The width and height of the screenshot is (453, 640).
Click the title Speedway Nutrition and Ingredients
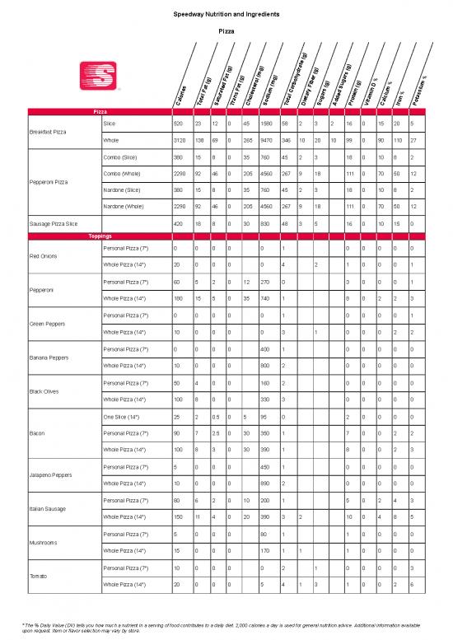pos(226,16)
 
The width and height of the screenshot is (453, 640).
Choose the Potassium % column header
pos(425,91)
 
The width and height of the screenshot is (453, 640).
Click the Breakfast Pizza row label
pos(48,131)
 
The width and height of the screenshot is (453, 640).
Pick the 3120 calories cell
pos(179,139)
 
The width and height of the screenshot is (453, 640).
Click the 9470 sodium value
pos(265,139)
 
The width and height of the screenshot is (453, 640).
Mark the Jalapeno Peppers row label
pos(51,475)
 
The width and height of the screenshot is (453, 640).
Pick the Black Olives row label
pos(44,390)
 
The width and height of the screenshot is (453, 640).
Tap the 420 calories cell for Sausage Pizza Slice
pos(178,223)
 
